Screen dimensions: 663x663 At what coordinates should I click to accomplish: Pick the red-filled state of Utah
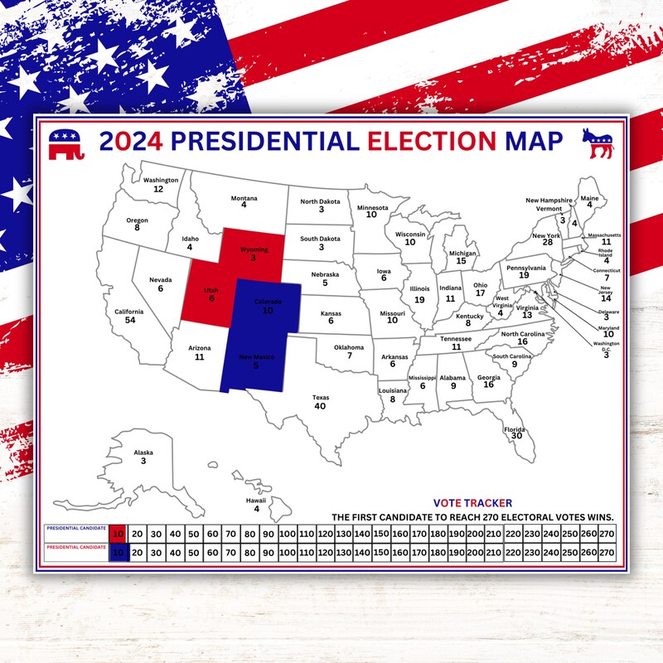click(x=211, y=294)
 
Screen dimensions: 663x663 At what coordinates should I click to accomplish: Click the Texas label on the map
click(x=320, y=398)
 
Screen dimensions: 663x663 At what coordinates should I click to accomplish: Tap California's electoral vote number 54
click(x=130, y=320)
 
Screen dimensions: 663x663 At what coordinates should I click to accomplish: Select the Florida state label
click(x=515, y=429)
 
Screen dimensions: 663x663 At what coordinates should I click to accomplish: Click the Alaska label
click(x=143, y=452)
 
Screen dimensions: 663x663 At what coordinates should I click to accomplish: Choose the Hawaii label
click(x=256, y=501)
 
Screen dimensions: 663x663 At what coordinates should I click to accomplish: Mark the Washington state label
click(x=161, y=180)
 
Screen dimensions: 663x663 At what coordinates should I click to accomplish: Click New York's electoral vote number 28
click(x=547, y=242)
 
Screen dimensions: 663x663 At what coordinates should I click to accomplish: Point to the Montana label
click(x=244, y=198)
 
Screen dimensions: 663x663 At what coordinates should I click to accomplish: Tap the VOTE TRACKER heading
click(x=472, y=502)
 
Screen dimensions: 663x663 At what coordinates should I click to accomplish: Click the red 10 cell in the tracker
click(x=119, y=534)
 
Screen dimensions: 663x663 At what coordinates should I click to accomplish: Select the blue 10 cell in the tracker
click(x=119, y=552)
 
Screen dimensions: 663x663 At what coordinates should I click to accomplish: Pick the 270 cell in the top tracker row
click(x=607, y=534)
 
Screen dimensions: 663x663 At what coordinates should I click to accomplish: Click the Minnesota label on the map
click(x=371, y=207)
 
